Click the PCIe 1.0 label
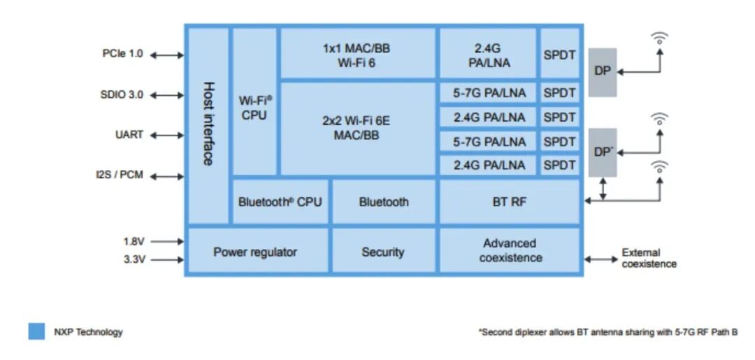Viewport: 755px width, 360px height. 122,54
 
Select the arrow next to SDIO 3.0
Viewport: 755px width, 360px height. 167,95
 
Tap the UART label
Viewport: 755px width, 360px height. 129,134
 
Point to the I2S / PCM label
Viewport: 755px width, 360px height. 120,175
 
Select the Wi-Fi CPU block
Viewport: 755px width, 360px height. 254,108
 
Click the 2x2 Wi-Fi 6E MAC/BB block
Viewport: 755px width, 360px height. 357,128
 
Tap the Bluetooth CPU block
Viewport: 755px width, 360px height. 280,202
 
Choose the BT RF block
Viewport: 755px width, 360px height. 509,202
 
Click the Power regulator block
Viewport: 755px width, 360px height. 255,252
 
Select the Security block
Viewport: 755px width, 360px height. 383,252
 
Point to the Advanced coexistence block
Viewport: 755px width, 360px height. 510,250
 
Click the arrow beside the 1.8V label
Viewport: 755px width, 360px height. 166,242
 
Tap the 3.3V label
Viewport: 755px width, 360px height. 134,260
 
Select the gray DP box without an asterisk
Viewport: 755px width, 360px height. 602,71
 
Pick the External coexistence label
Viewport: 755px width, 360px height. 649,259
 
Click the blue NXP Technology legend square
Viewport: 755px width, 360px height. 36,331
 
